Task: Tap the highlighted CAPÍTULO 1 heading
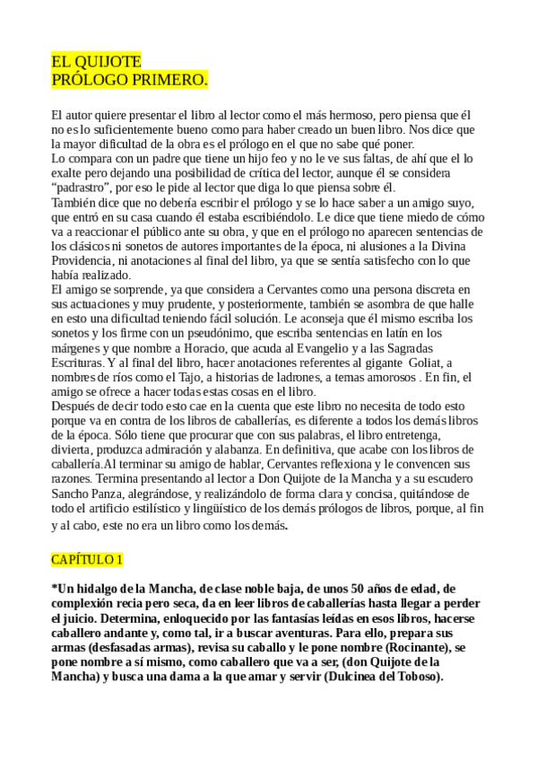87,559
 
